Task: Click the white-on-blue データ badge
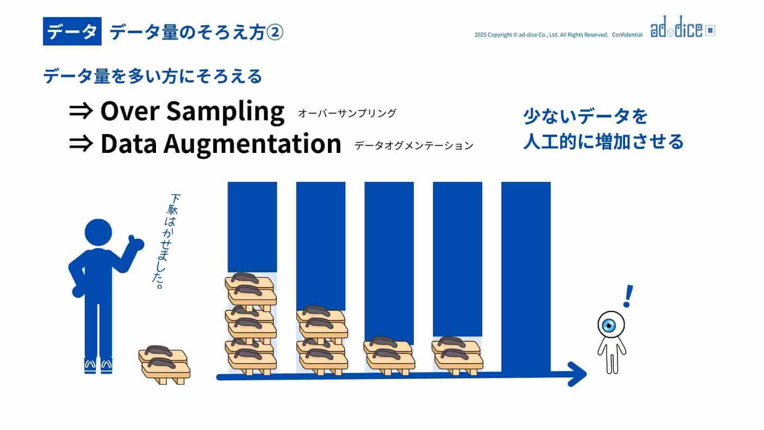pos(72,31)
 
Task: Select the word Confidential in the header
pos(627,35)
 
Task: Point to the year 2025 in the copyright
pos(480,35)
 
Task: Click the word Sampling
pos(225,111)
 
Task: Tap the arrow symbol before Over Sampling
pos(81,111)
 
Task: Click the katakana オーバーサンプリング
pos(347,113)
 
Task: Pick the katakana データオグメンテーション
pos(414,146)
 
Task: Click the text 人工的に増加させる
pos(603,142)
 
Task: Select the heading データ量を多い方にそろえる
pos(153,76)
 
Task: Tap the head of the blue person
pos(98,233)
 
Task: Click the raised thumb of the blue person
pos(135,242)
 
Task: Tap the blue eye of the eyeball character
pos(609,325)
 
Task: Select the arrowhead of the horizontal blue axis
pos(577,374)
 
